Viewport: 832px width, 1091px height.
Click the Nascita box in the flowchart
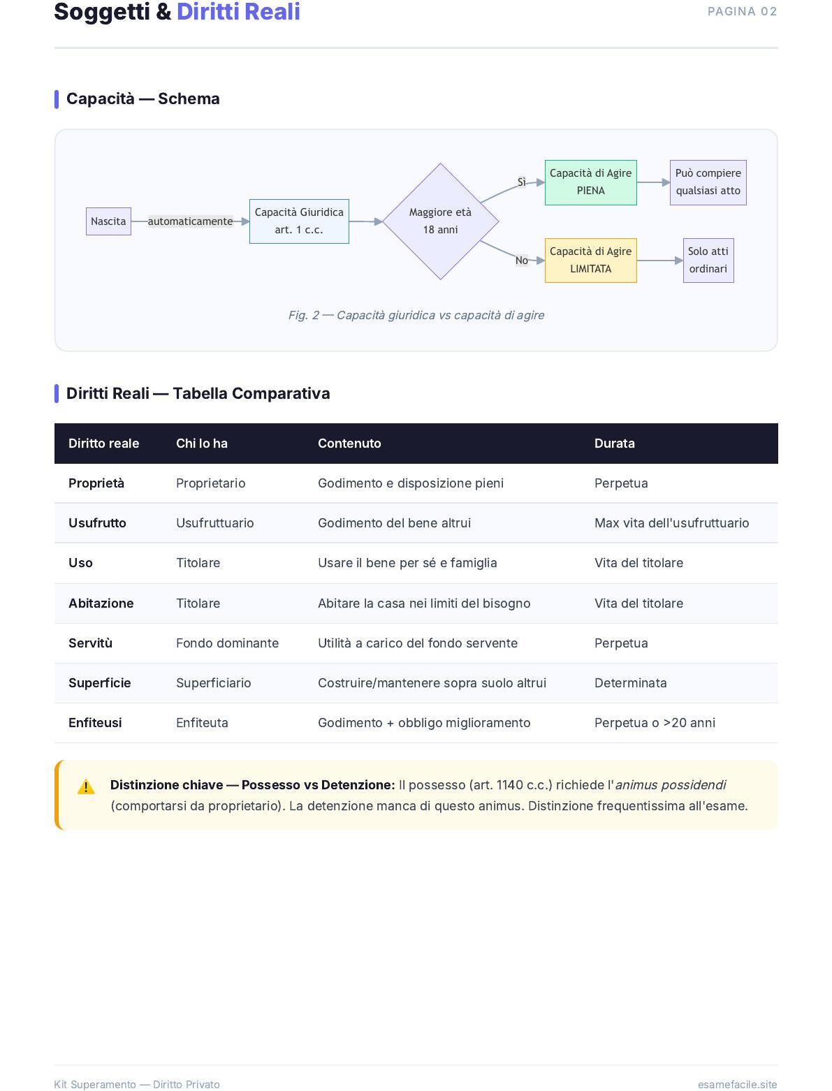click(x=108, y=221)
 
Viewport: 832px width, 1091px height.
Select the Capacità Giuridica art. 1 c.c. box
click(x=299, y=221)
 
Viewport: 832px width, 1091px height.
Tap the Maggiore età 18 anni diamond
click(x=440, y=221)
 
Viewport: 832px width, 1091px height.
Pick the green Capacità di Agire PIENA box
click(x=590, y=182)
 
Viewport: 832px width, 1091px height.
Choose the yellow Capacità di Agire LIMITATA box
click(x=590, y=261)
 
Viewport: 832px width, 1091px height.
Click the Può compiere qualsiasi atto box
click(x=708, y=182)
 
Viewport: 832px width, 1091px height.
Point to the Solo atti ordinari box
click(x=708, y=261)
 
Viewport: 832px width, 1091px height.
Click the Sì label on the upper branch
click(x=521, y=182)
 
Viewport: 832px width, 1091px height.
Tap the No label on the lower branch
click(x=521, y=261)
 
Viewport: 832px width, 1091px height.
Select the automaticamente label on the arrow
click(x=190, y=221)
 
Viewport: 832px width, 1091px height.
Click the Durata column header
click(x=614, y=444)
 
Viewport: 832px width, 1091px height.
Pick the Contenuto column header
click(x=349, y=444)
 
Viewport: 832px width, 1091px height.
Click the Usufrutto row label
click(x=97, y=523)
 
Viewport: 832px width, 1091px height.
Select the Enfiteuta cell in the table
click(x=202, y=723)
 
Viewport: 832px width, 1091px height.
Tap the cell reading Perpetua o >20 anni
click(x=655, y=723)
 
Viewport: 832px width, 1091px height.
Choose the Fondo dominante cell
click(x=227, y=643)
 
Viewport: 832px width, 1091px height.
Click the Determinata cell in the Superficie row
click(x=630, y=683)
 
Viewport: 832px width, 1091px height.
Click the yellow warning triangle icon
click(x=86, y=786)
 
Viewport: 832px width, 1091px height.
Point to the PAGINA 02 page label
click(x=742, y=11)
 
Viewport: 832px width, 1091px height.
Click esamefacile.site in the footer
click(x=737, y=1084)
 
